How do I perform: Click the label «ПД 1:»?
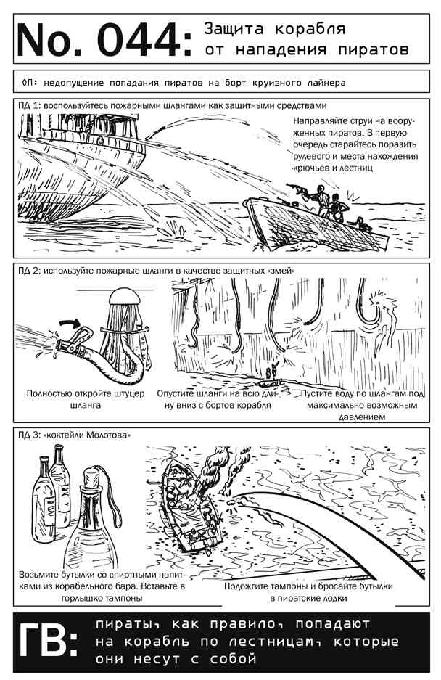pyautogui.click(x=30, y=105)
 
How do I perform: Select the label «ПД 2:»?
pyautogui.click(x=30, y=271)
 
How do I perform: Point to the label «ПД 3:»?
pyautogui.click(x=30, y=435)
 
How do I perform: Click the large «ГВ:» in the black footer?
pyautogui.click(x=48, y=640)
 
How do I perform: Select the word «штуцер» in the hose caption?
pyautogui.click(x=129, y=394)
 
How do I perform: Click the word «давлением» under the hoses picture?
pyautogui.click(x=362, y=417)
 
